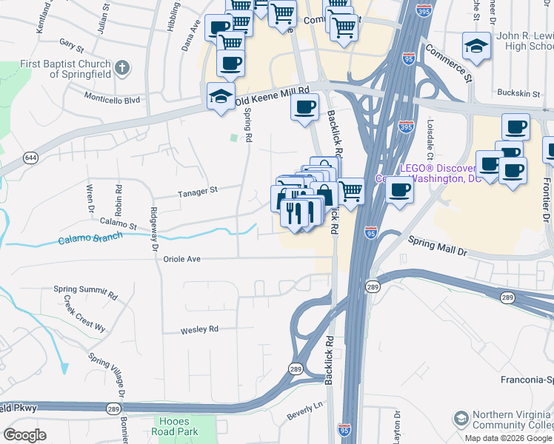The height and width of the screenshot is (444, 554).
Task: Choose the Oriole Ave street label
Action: pos(182,259)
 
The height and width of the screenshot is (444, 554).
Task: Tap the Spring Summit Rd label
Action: pos(85,289)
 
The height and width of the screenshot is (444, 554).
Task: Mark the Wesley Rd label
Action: pos(200,329)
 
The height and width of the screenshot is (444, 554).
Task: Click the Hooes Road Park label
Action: pos(176,425)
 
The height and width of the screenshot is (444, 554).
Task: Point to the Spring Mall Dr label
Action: pos(439,246)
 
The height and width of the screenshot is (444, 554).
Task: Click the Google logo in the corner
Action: pos(24,435)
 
